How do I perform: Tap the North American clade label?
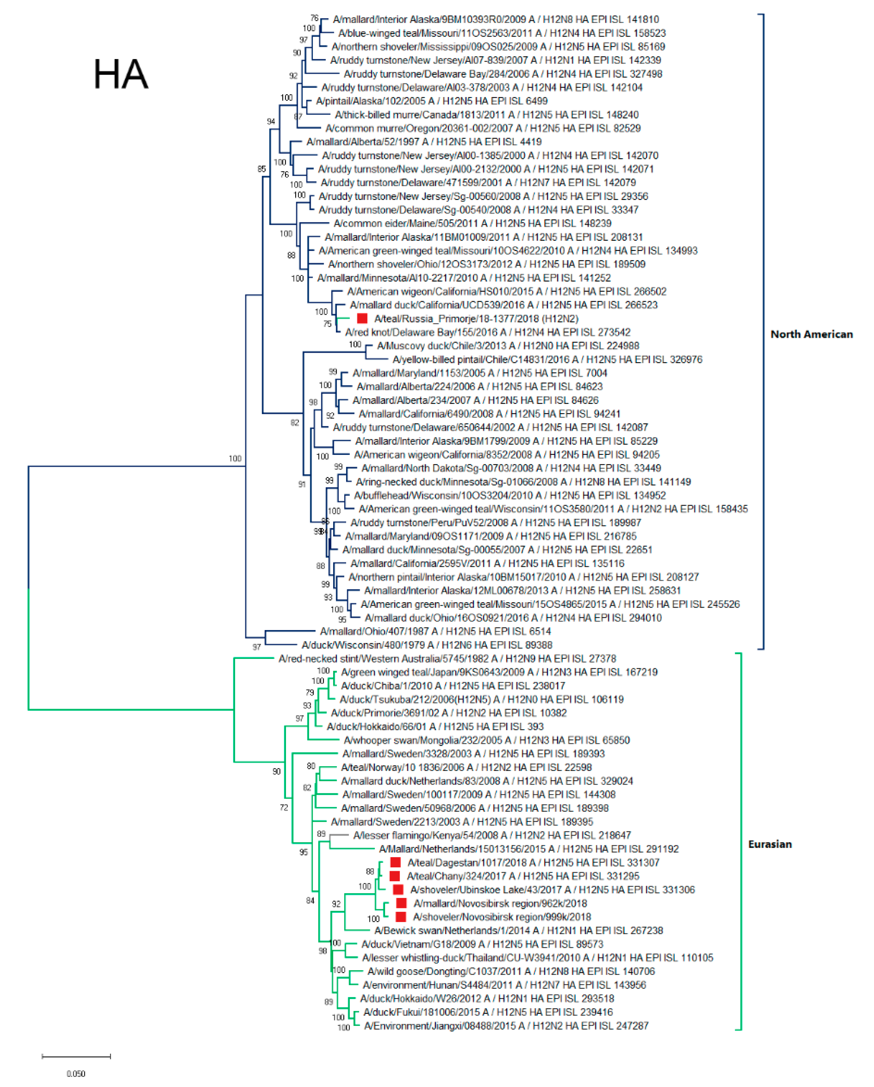click(811, 334)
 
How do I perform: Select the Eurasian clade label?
click(769, 844)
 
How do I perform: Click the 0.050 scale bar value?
click(76, 1073)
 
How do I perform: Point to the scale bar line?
click(76, 1056)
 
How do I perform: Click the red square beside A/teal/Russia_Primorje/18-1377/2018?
click(362, 318)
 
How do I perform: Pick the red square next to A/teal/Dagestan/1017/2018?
click(395, 862)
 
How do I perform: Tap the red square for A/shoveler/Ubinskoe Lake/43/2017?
click(398, 889)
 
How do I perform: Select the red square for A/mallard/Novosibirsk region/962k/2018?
click(401, 903)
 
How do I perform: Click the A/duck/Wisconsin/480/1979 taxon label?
click(426, 645)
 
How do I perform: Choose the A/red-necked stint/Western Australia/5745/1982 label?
click(447, 659)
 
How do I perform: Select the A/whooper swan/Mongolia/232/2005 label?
click(487, 740)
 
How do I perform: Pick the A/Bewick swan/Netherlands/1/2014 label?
click(518, 930)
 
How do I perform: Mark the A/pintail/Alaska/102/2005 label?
click(432, 101)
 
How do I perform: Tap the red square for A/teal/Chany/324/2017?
click(395, 876)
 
